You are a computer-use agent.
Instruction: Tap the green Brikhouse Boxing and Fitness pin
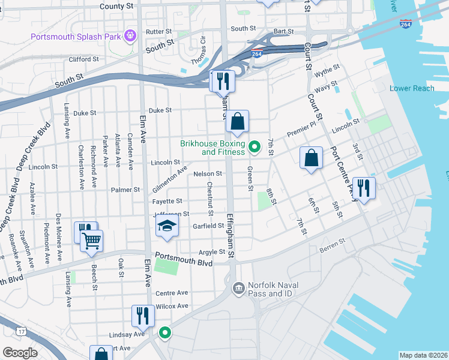pos(255,146)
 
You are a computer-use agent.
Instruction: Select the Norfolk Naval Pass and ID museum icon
pos(239,289)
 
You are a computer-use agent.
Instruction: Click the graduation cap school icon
pos(167,226)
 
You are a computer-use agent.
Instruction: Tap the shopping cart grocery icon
pos(92,241)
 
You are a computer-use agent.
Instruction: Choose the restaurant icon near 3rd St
pos(364,187)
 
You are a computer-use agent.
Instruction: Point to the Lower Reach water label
pos(412,88)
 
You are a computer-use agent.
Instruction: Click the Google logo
pos(20,352)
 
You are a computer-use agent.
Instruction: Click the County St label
pos(117,5)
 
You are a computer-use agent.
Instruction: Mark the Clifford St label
pos(83,59)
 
